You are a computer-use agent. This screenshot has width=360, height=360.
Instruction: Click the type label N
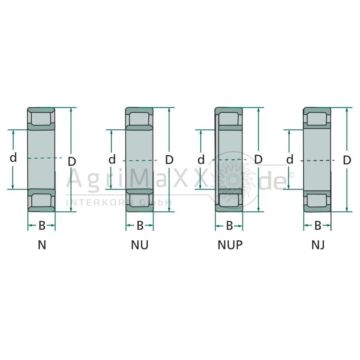[x=42, y=245]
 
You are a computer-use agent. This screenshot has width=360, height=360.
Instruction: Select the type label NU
[x=140, y=245]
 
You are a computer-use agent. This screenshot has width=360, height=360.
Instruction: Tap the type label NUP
[x=230, y=245]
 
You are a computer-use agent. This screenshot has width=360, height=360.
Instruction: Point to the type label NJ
[x=318, y=245]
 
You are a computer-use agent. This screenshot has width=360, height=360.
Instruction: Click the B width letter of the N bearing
[x=42, y=226]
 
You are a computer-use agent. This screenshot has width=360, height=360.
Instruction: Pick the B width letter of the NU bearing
[x=140, y=226]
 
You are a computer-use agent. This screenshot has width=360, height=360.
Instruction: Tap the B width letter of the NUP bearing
[x=229, y=226]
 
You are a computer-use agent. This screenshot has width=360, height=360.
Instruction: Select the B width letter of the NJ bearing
[x=318, y=226]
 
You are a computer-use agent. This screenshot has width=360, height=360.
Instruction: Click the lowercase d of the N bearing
[x=13, y=157]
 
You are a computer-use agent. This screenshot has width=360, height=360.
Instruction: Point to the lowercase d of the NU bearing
[x=112, y=159]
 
